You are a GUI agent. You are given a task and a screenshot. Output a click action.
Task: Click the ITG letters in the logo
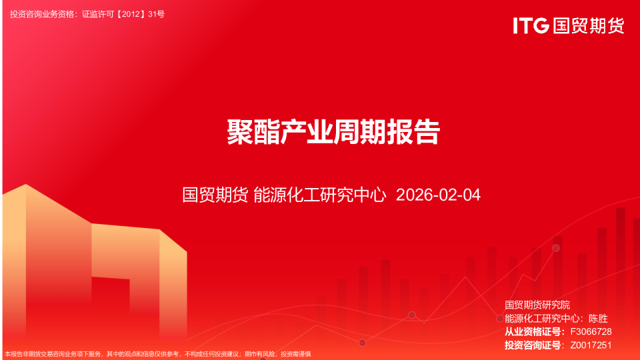click(x=531, y=25)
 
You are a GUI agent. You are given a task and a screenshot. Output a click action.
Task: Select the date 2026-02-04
click(x=438, y=195)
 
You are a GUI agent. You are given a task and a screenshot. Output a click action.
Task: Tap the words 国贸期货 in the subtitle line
click(x=215, y=195)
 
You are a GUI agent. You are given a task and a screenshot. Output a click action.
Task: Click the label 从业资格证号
click(x=533, y=331)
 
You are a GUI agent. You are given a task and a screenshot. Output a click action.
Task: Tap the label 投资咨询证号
click(x=533, y=345)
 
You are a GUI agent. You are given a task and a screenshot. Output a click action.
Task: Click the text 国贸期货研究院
click(x=537, y=305)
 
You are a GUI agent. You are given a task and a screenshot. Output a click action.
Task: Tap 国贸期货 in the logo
click(x=589, y=25)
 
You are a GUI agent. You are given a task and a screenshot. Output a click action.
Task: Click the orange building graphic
click(x=93, y=260)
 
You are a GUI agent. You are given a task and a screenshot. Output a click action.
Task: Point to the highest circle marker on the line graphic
click(x=555, y=248)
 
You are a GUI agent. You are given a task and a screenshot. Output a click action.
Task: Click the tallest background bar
click(x=621, y=267)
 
